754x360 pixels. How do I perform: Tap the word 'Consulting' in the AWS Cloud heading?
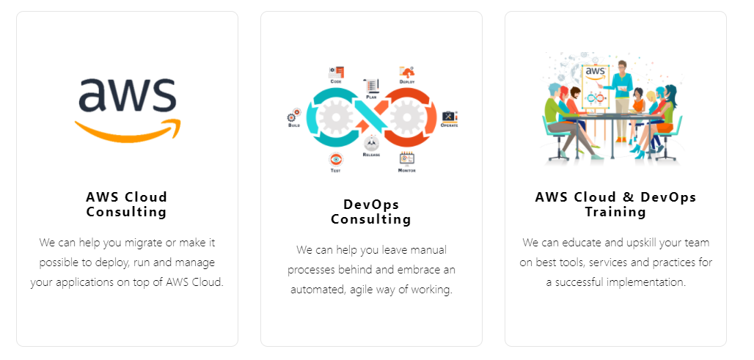pyautogui.click(x=126, y=213)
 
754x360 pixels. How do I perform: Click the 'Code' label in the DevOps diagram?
pyautogui.click(x=336, y=81)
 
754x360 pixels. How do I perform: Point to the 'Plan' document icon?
pyautogui.click(x=371, y=86)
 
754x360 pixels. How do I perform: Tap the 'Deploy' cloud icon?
pyautogui.click(x=407, y=72)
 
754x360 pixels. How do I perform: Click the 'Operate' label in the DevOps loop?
pyautogui.click(x=449, y=125)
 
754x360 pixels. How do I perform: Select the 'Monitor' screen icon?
pyautogui.click(x=406, y=158)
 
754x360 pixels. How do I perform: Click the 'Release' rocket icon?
pyautogui.click(x=371, y=143)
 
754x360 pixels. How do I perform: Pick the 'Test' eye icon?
pyautogui.click(x=336, y=159)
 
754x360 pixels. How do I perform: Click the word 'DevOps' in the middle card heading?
pyautogui.click(x=371, y=205)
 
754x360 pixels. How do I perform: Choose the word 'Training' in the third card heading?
pyautogui.click(x=615, y=213)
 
